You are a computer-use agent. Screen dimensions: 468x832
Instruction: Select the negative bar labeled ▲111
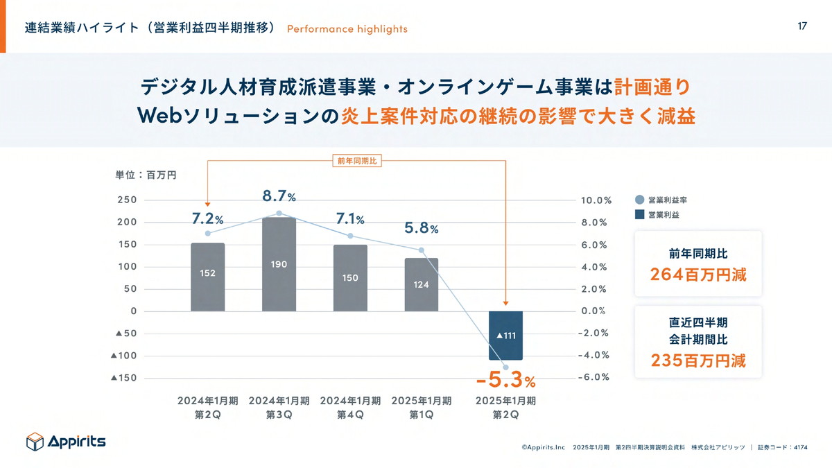505,336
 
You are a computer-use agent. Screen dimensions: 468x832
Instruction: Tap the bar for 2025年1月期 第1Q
422,284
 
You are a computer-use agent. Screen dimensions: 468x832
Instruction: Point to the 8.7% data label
279,197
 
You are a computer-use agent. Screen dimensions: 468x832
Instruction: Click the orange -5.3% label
505,381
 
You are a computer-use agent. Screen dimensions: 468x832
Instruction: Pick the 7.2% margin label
207,219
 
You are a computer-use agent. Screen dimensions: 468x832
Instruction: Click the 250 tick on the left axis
126,200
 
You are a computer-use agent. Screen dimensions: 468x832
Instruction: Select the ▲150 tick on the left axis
125,378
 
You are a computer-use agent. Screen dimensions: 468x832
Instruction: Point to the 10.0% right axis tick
596,200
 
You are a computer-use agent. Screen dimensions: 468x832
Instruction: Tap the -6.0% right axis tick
595,378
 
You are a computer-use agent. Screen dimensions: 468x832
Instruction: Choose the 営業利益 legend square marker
639,215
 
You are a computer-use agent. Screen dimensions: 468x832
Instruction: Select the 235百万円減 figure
698,361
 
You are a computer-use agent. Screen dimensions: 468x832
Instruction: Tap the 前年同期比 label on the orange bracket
356,161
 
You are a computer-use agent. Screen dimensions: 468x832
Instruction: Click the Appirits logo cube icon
35,441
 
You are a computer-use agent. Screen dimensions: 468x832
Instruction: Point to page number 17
802,26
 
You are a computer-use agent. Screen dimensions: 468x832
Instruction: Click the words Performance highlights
347,29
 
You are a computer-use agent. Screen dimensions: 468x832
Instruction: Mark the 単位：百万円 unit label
146,175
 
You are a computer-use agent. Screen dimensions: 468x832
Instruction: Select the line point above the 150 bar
350,236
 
